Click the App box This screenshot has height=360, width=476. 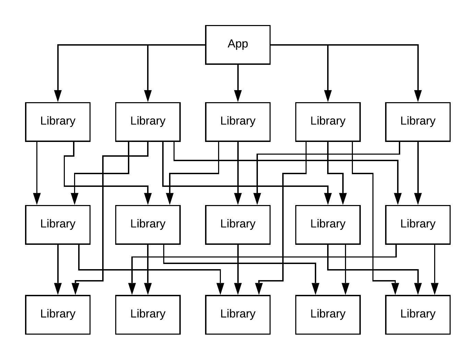tap(238, 45)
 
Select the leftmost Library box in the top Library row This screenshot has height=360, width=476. tap(58, 122)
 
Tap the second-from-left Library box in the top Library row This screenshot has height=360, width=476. tap(148, 122)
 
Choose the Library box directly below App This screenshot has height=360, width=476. tap(238, 122)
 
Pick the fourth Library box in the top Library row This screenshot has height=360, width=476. tap(328, 122)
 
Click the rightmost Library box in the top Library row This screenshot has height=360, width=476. tap(418, 122)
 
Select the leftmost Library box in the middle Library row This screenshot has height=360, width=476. tap(58, 225)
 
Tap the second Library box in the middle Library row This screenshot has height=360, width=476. tap(148, 225)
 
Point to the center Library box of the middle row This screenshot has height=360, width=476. tap(238, 225)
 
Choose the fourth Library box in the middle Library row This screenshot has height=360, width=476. tap(328, 225)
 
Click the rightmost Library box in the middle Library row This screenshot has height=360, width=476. tap(418, 225)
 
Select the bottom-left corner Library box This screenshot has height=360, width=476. tap(58, 315)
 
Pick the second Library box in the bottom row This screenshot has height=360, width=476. tap(148, 315)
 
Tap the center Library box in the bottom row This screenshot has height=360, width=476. tap(238, 315)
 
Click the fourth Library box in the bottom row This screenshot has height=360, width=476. tap(328, 315)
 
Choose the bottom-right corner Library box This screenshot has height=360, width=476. tap(418, 315)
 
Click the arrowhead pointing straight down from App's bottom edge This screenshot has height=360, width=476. tap(238, 96)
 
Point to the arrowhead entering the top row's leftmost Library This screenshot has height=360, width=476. tap(58, 96)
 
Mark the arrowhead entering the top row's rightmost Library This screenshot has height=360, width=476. tap(418, 96)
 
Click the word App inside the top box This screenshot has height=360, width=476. tap(238, 44)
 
